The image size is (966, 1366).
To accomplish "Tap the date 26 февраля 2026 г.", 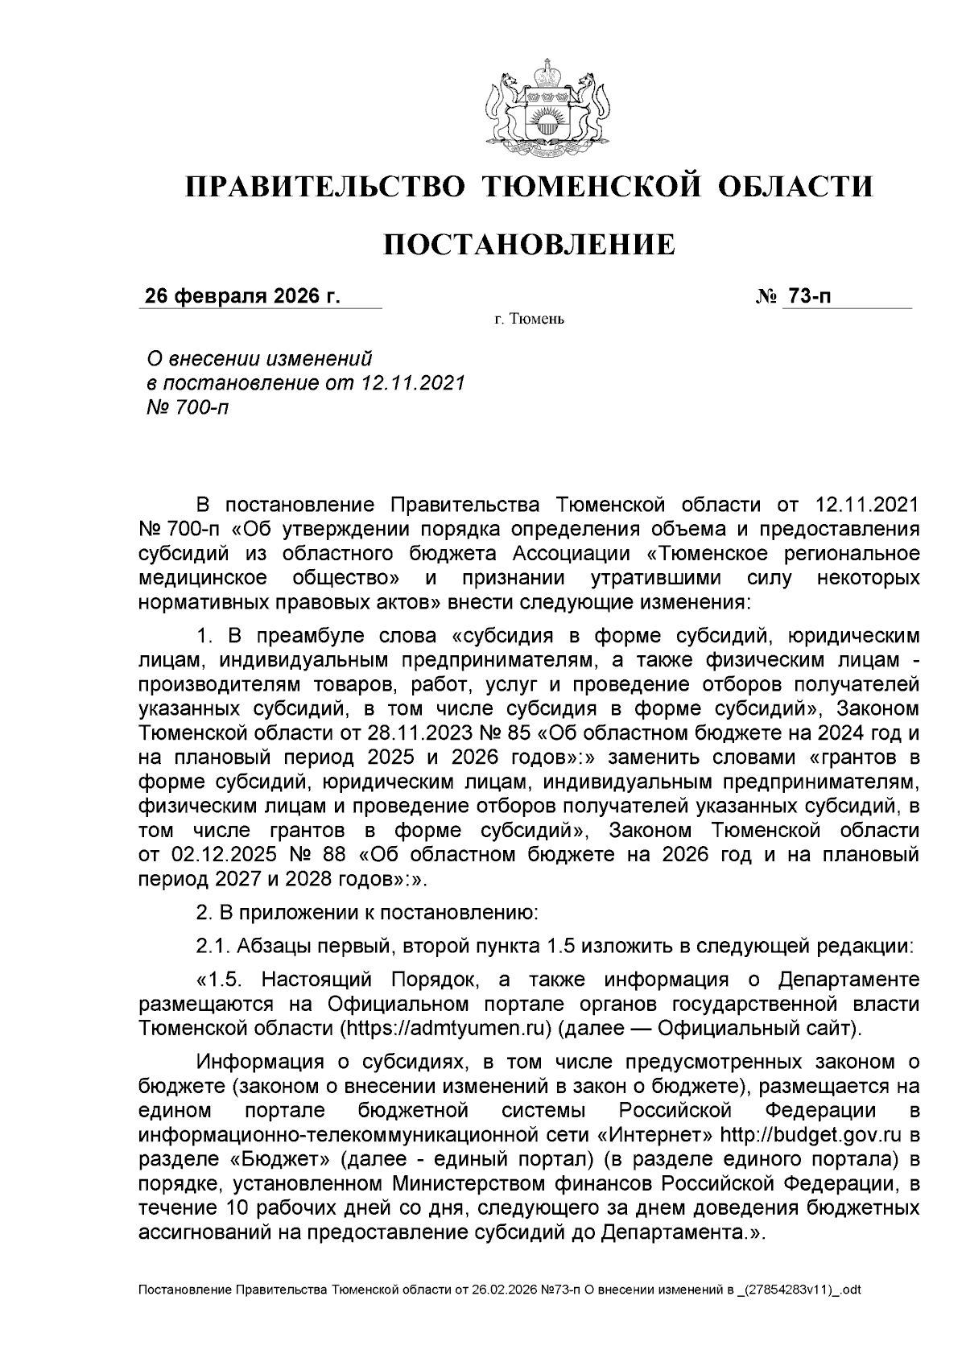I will (242, 296).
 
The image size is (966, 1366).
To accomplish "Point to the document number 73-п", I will (809, 296).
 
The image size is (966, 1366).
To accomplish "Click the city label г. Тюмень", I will (530, 320).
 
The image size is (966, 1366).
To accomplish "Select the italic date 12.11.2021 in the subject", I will (414, 382).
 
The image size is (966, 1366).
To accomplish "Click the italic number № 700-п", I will (186, 407).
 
